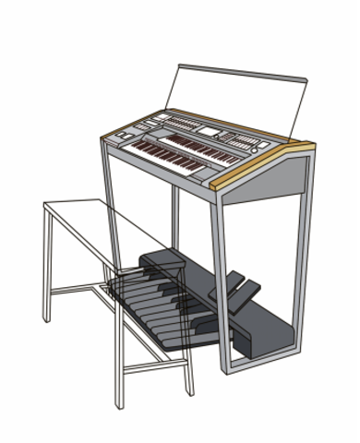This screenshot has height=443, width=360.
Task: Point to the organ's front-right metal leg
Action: tap(222, 277)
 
